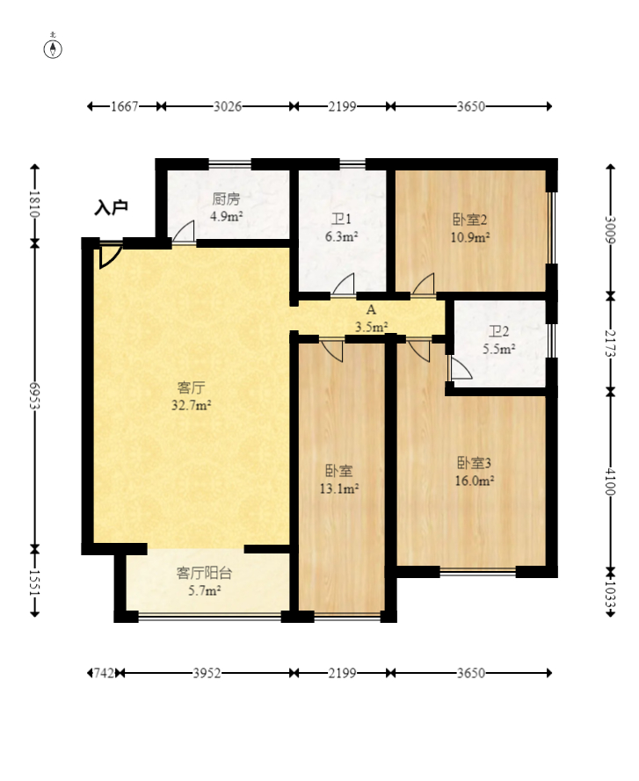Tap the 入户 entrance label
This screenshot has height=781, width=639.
(x=111, y=207)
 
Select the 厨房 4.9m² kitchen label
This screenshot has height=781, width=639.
(x=226, y=207)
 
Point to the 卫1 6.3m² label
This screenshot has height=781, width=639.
(x=341, y=228)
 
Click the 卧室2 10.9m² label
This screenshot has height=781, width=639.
(x=470, y=228)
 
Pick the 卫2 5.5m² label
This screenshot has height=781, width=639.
(x=498, y=340)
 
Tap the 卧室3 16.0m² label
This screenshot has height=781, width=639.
(x=475, y=472)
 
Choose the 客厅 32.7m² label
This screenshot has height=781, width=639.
(x=192, y=396)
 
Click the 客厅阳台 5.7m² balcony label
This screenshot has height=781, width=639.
(x=205, y=582)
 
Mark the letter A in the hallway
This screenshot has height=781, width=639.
(x=371, y=310)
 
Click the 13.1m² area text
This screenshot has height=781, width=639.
(x=339, y=489)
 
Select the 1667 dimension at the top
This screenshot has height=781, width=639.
(x=124, y=106)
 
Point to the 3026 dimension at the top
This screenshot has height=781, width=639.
(x=228, y=106)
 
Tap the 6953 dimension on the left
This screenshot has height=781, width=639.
(x=34, y=396)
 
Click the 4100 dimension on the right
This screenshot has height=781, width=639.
(x=610, y=481)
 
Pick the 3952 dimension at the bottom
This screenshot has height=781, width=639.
(x=207, y=674)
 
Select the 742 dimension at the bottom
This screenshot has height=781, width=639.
(x=105, y=674)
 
